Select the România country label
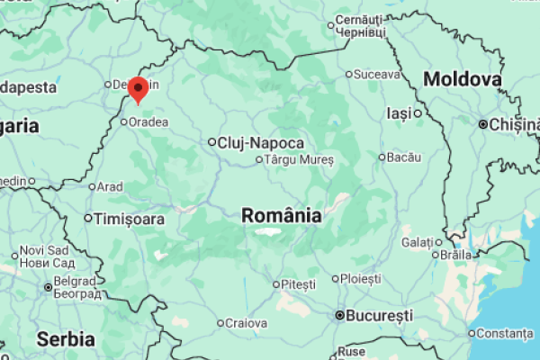(282, 216)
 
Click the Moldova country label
(462, 79)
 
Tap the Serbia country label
(66, 339)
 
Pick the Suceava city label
(376, 74)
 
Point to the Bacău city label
(404, 157)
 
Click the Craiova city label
(246, 323)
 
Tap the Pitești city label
(299, 284)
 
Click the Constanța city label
(504, 333)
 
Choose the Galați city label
(418, 242)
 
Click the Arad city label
(110, 187)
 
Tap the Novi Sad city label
(43, 250)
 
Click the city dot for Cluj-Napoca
(212, 142)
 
